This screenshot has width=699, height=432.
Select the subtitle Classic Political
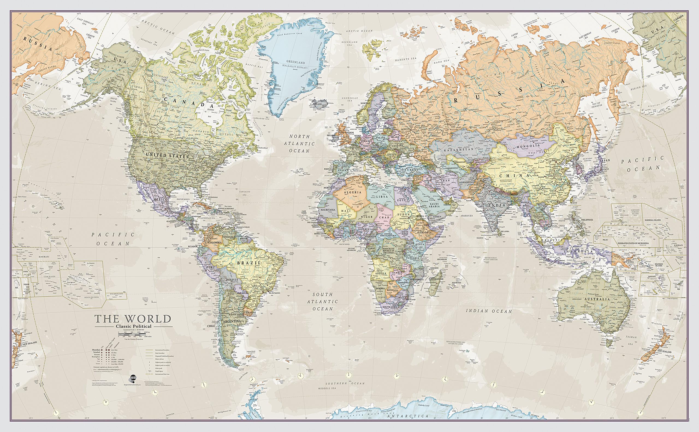coord(133,326)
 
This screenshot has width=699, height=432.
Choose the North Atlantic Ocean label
coord(299,144)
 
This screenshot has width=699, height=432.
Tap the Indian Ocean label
coord(489,311)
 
